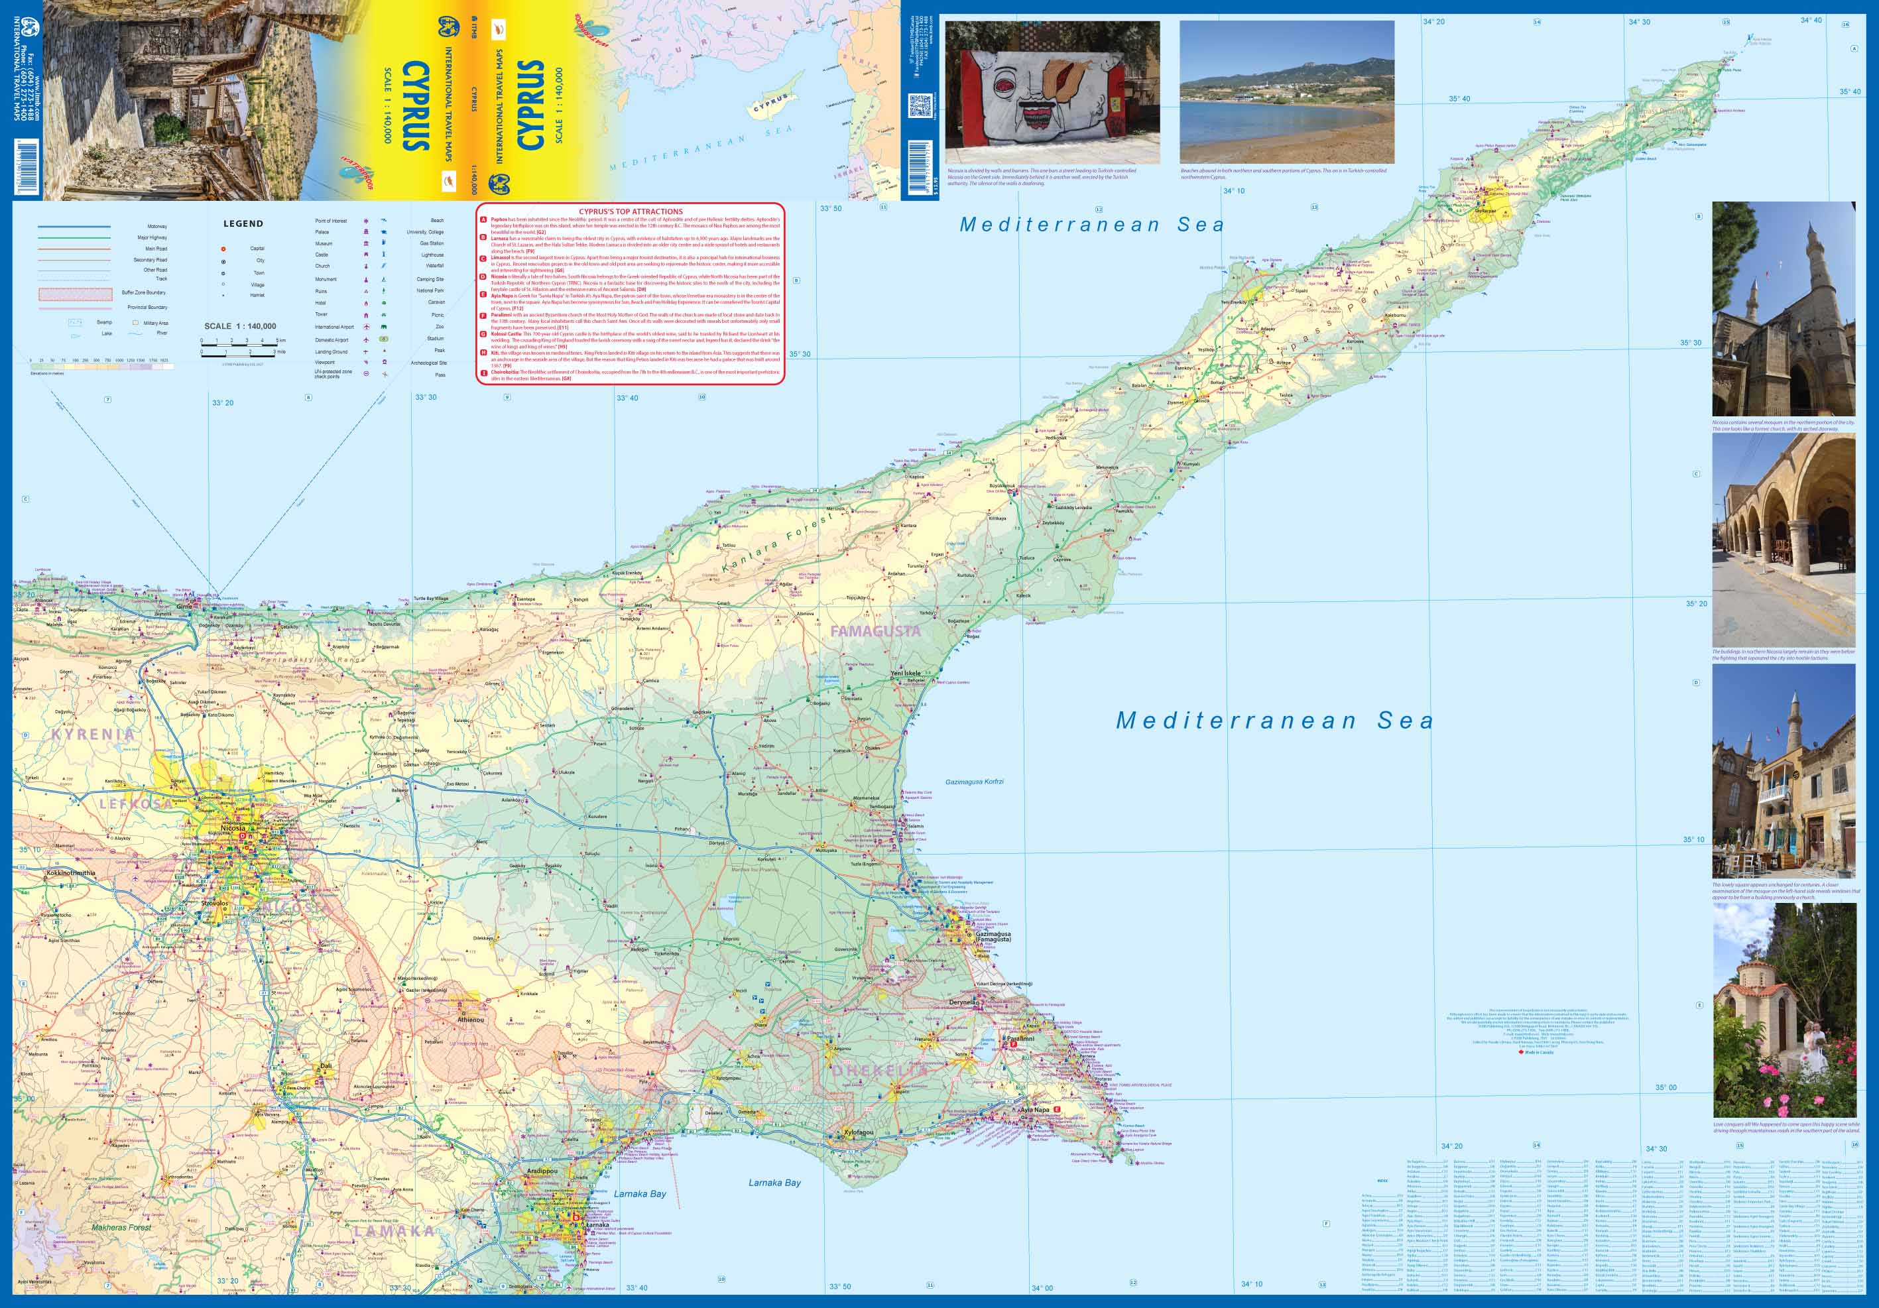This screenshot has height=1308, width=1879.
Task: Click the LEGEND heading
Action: coord(243,223)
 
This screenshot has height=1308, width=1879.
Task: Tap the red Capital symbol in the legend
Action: coord(223,248)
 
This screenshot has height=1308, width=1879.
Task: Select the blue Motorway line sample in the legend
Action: coord(74,227)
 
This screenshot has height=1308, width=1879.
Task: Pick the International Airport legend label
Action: coord(334,327)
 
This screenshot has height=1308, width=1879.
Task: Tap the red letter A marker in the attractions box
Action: coord(483,220)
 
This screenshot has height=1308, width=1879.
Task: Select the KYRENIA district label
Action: coord(92,734)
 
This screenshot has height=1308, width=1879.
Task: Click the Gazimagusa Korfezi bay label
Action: coord(974,782)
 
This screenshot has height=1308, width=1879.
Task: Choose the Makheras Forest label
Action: coord(122,1228)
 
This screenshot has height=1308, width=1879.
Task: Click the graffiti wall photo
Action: coord(1052,93)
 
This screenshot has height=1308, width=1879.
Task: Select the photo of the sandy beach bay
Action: coord(1286,93)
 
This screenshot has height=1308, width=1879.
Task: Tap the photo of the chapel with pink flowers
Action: coord(1784,1011)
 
